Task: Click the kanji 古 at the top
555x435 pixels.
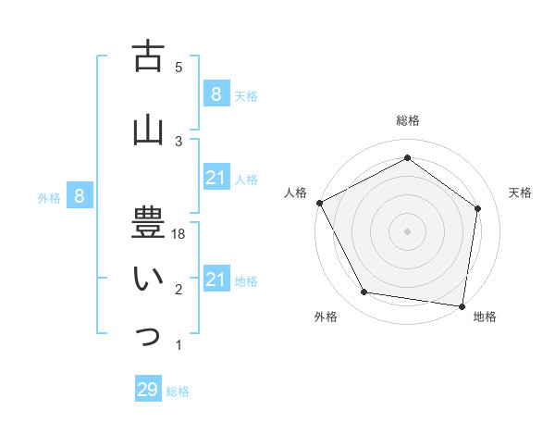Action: point(147,56)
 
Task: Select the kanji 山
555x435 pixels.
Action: point(147,130)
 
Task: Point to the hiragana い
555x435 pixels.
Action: point(147,279)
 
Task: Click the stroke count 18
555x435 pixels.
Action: point(179,235)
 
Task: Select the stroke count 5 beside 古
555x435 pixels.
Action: point(179,67)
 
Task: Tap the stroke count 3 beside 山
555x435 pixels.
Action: point(179,141)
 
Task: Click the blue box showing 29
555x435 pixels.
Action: point(147,390)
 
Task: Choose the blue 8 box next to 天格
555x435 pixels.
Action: point(216,93)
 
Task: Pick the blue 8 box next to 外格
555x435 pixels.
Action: point(80,195)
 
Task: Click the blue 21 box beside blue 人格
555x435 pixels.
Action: point(216,178)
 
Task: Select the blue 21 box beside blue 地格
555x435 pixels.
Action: point(216,280)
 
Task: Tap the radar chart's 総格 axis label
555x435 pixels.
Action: point(407,120)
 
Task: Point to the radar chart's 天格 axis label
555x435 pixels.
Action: point(520,193)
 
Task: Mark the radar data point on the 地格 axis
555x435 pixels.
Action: point(462,305)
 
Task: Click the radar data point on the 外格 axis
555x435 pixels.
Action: point(364,292)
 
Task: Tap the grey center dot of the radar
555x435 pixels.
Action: point(407,230)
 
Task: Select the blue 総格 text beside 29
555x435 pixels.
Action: point(178,391)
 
